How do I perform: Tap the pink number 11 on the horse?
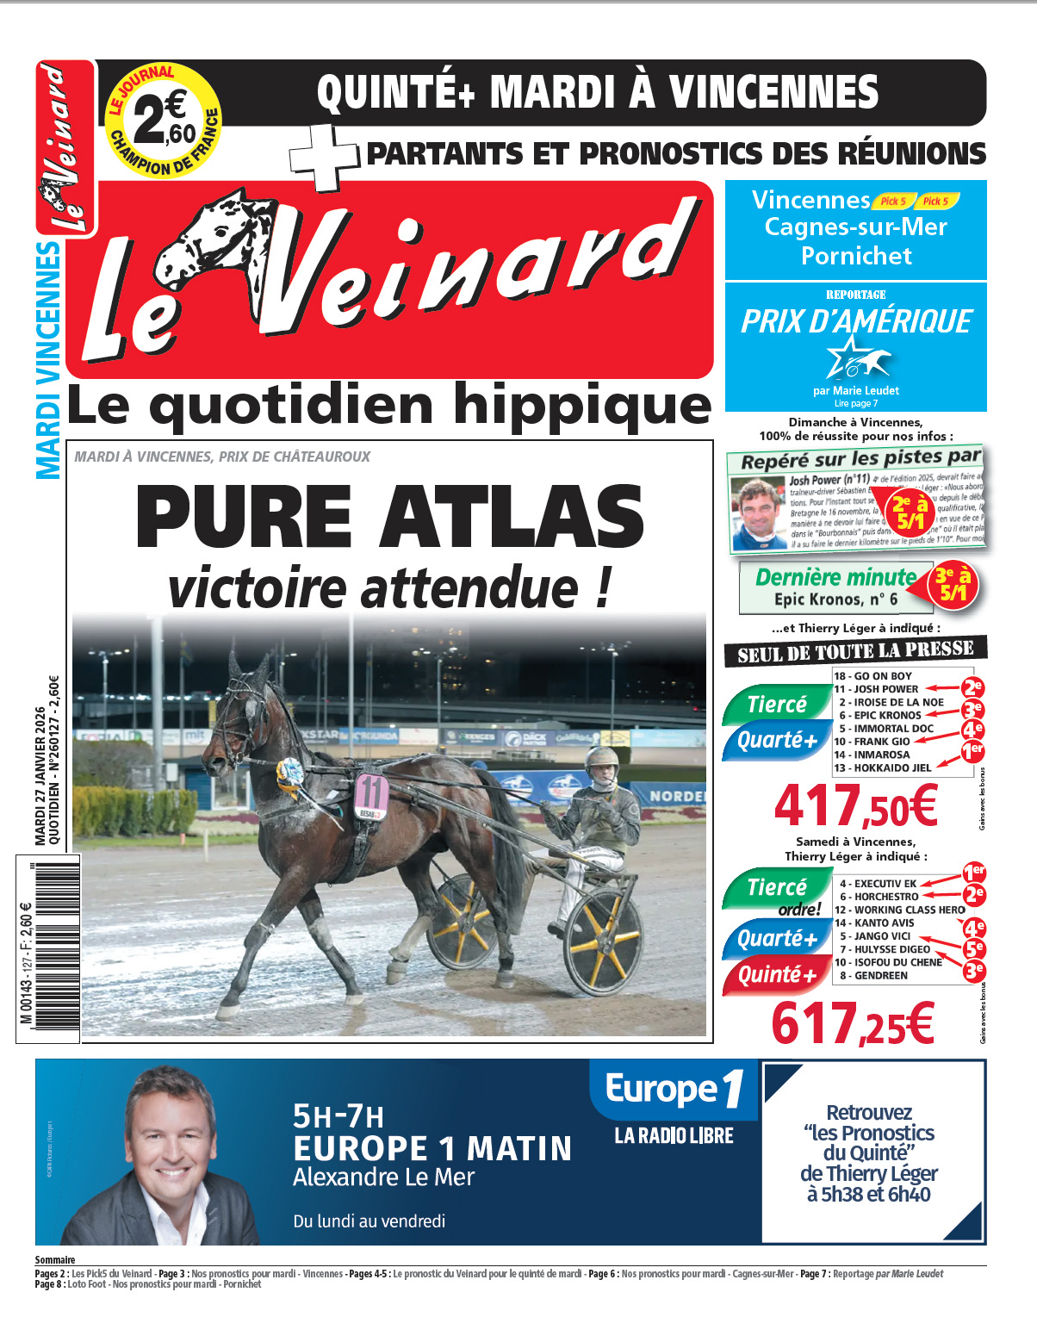[372, 793]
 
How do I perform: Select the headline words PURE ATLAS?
[390, 517]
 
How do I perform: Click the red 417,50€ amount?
[855, 806]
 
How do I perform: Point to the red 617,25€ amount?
[853, 1023]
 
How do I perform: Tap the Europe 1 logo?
[674, 1089]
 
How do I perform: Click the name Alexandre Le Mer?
[383, 1177]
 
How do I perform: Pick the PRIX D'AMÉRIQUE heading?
[856, 322]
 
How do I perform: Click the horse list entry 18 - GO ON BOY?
[872, 676]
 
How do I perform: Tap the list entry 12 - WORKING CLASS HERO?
[900, 910]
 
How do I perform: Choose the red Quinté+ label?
[776, 975]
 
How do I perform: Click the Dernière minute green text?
[835, 577]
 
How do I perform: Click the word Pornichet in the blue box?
[856, 256]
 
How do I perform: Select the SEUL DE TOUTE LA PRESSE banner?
[855, 652]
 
